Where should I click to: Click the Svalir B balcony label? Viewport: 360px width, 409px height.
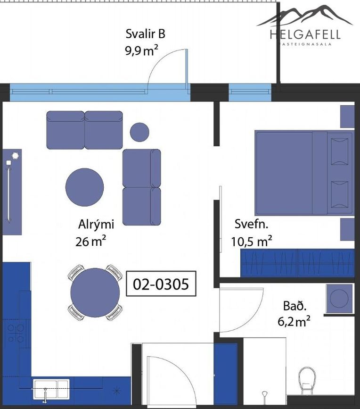click(145, 34)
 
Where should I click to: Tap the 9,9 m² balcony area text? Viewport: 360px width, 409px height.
click(141, 50)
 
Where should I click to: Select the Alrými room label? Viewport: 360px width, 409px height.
click(96, 225)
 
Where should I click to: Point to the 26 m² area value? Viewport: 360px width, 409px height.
click(90, 241)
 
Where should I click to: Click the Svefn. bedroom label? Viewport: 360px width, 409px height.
click(251, 224)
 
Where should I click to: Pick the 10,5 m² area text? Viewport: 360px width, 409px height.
click(252, 241)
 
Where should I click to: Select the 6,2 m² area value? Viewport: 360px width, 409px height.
click(294, 322)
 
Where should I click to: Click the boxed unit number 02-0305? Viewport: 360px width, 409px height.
click(161, 284)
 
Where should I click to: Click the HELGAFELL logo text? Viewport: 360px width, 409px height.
click(305, 34)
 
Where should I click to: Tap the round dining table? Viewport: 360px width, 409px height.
click(95, 292)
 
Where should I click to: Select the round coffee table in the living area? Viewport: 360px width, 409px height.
click(84, 187)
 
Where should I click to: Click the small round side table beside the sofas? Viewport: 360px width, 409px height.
click(139, 132)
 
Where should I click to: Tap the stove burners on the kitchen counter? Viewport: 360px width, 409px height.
click(16, 333)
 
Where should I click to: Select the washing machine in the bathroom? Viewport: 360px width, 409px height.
click(340, 298)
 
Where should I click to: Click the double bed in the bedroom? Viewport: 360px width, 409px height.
click(304, 173)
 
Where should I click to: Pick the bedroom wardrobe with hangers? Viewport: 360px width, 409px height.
click(297, 263)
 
